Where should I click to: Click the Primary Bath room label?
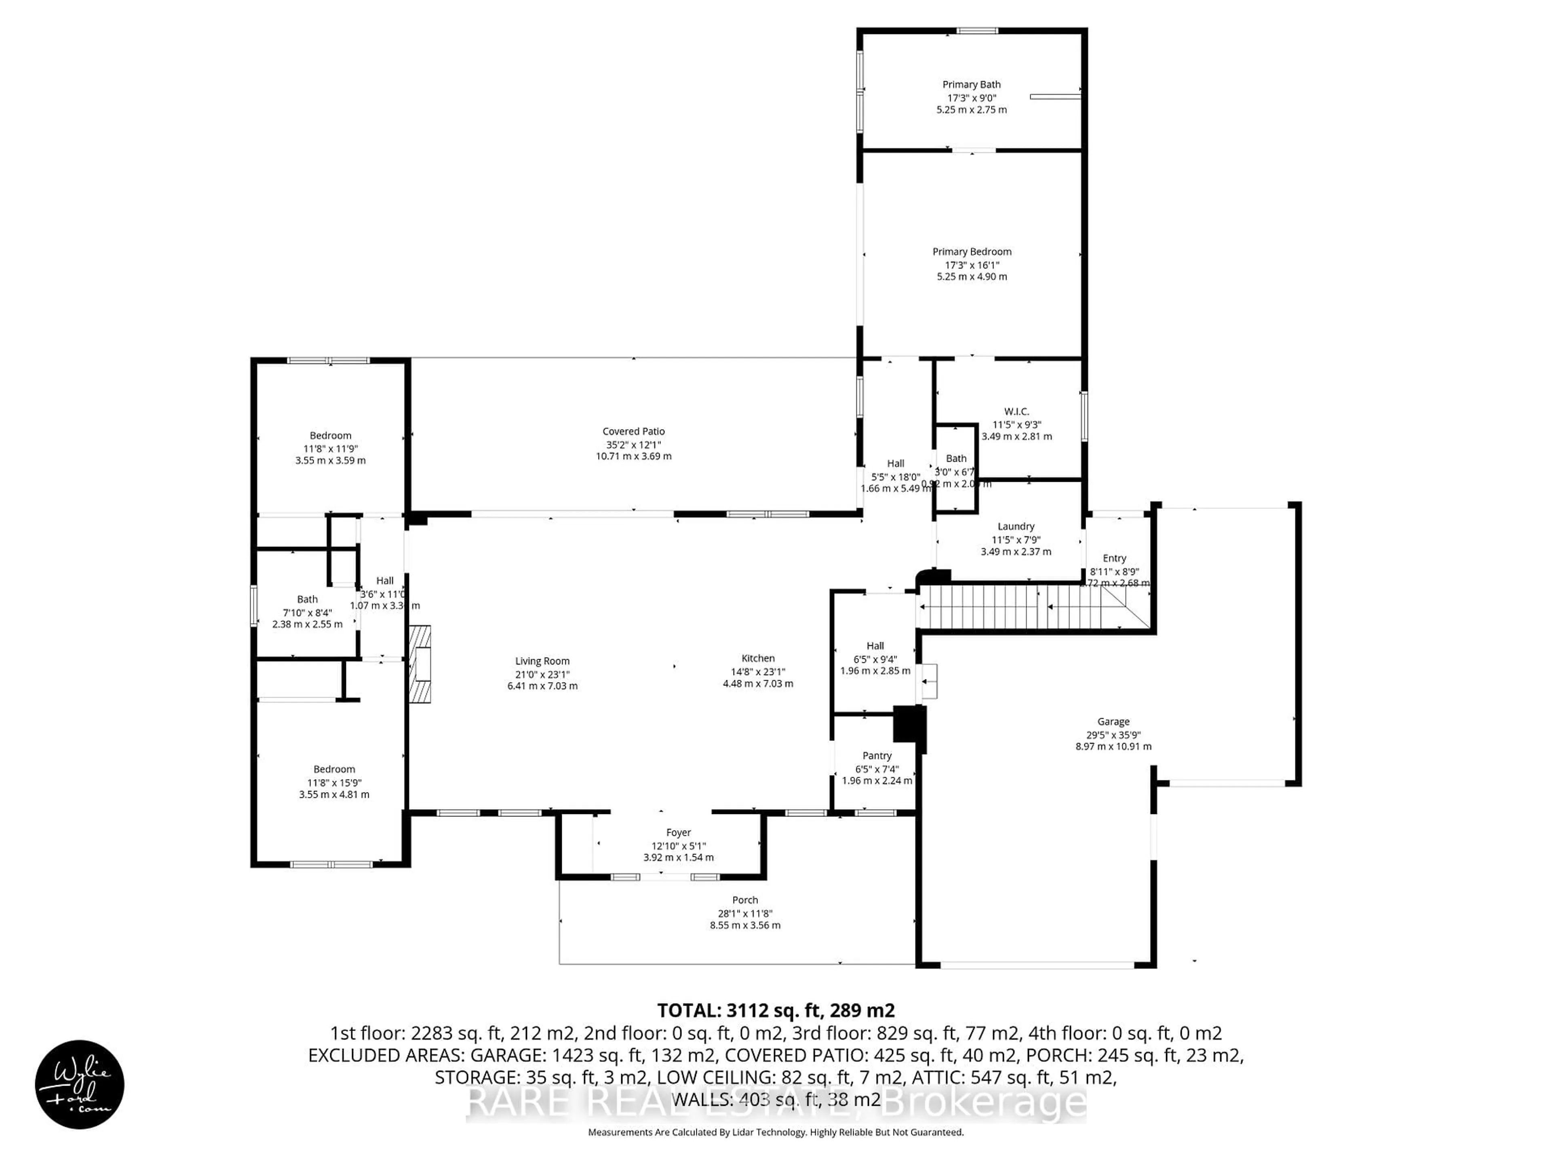click(x=971, y=84)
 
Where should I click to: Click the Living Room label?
click(x=542, y=661)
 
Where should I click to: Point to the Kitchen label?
click(x=758, y=658)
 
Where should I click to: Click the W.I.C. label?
click(x=1016, y=412)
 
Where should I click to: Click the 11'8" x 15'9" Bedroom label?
click(x=334, y=769)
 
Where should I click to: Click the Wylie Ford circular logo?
click(x=79, y=1084)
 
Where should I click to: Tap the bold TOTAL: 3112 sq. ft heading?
click(x=775, y=1010)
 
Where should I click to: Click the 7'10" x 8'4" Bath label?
click(x=307, y=599)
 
